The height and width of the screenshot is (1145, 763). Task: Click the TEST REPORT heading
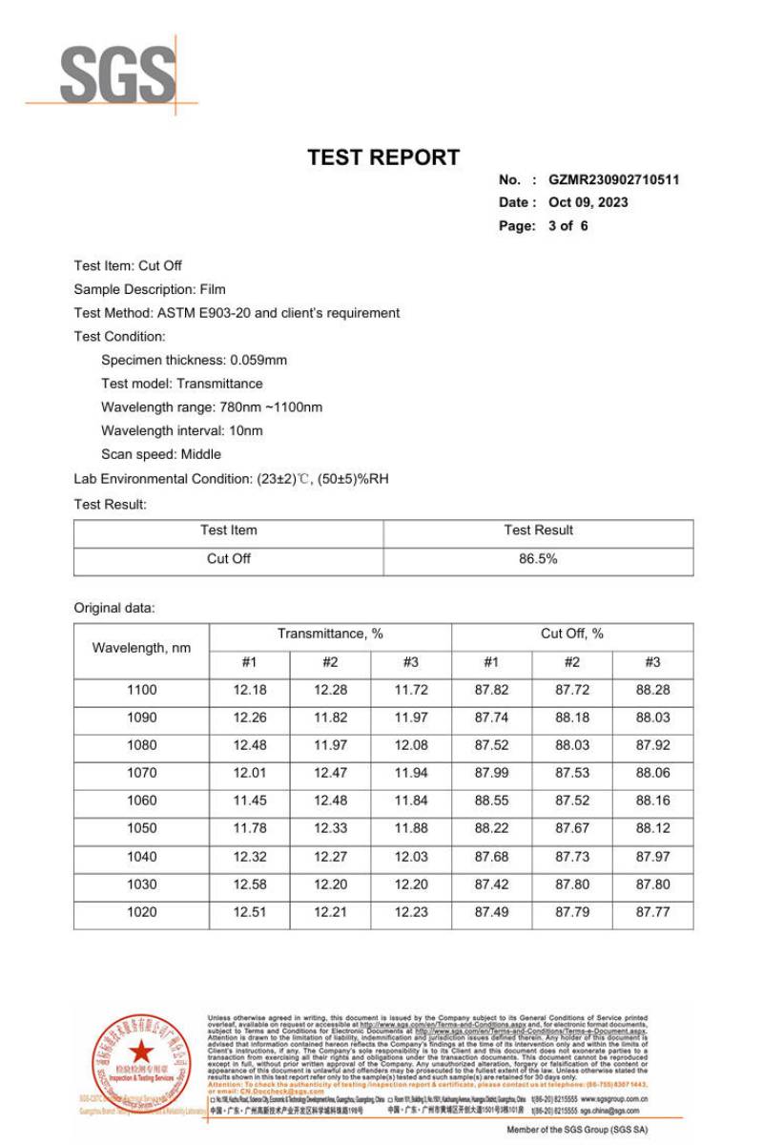point(383,157)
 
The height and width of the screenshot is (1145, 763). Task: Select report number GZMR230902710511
point(613,179)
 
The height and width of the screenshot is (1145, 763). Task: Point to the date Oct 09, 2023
point(588,202)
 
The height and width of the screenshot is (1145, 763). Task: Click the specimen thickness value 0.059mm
point(258,361)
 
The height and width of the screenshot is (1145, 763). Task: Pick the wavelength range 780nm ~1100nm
point(271,407)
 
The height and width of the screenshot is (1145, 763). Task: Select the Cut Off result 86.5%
point(538,559)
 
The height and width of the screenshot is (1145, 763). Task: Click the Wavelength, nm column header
point(141,648)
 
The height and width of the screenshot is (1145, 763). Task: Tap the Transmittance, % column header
point(330,635)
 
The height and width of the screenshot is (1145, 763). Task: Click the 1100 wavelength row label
point(141,690)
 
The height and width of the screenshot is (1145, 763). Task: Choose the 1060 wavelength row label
point(141,801)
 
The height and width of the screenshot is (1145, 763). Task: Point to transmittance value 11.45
point(249,801)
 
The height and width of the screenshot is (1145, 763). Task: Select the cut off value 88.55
point(491,801)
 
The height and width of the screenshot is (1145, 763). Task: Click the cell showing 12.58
point(249,885)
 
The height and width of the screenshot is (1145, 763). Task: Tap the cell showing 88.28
point(652,690)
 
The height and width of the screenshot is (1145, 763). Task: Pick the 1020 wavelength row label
point(141,912)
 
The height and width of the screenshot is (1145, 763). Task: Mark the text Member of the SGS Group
point(577,1130)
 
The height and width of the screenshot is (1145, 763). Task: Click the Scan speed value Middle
point(201,454)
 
